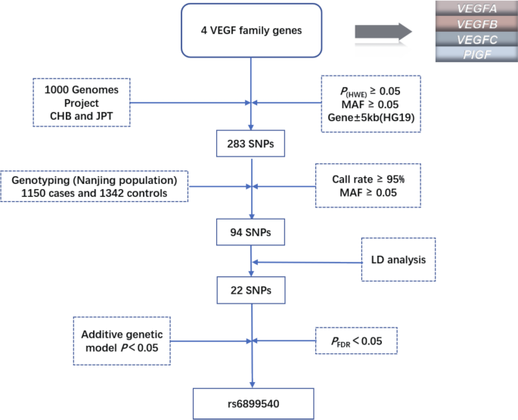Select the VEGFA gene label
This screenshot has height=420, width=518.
pyautogui.click(x=470, y=10)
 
